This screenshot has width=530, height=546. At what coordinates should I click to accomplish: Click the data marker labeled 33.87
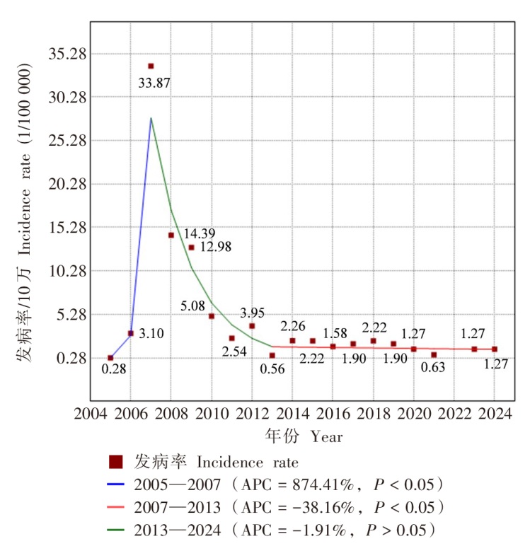[151, 66]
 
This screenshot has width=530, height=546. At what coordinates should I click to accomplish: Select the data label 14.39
[200, 233]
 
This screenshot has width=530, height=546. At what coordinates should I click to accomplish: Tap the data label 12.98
[215, 247]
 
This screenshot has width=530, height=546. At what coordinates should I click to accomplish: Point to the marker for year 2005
[110, 358]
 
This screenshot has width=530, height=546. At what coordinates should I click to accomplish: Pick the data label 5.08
[192, 306]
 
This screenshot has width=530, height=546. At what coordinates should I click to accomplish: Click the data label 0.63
[434, 367]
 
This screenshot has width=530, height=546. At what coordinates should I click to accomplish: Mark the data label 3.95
[253, 313]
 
